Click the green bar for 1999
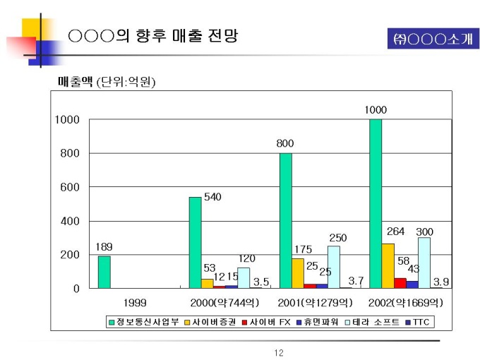(104, 272)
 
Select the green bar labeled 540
(195, 242)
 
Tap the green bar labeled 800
(285, 220)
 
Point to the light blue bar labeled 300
(424, 263)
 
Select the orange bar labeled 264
(388, 265)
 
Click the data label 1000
(376, 110)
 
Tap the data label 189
(104, 247)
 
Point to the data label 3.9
(442, 281)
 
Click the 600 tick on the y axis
(68, 187)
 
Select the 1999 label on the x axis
(135, 303)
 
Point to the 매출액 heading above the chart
(75, 83)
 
